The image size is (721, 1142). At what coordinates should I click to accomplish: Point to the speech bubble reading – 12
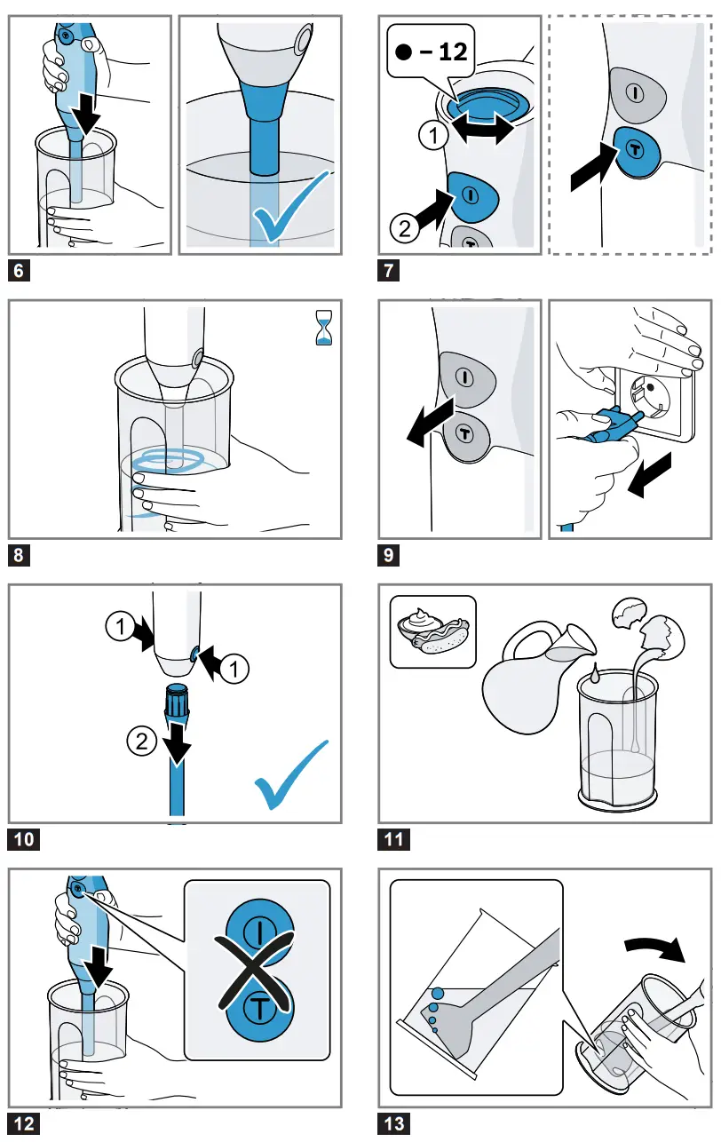coord(429,52)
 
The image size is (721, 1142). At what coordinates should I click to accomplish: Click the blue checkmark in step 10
coord(290,773)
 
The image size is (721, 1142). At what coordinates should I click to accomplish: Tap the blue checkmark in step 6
coord(289,210)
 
